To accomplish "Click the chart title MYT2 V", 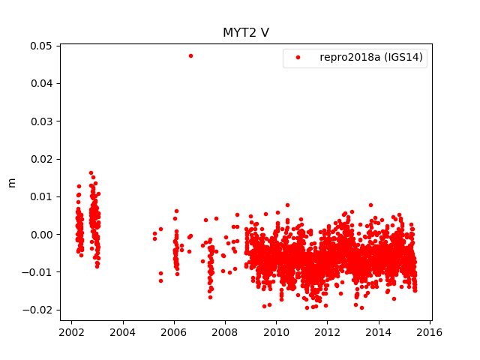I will [245, 33].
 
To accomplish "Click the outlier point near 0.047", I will [190, 55].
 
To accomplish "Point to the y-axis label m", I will [11, 182].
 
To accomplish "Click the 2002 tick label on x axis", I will [71, 332].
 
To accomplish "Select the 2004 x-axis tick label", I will [122, 332].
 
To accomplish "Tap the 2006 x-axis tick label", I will [174, 332].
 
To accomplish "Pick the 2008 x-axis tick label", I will [225, 332].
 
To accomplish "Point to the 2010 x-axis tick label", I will [276, 332].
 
